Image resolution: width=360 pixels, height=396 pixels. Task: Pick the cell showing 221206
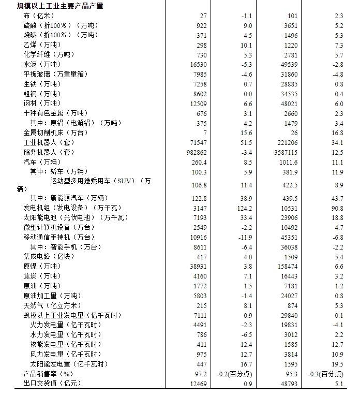287,142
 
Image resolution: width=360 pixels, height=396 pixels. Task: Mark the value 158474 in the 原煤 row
287,266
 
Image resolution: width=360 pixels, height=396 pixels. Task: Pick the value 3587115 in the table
285,152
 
